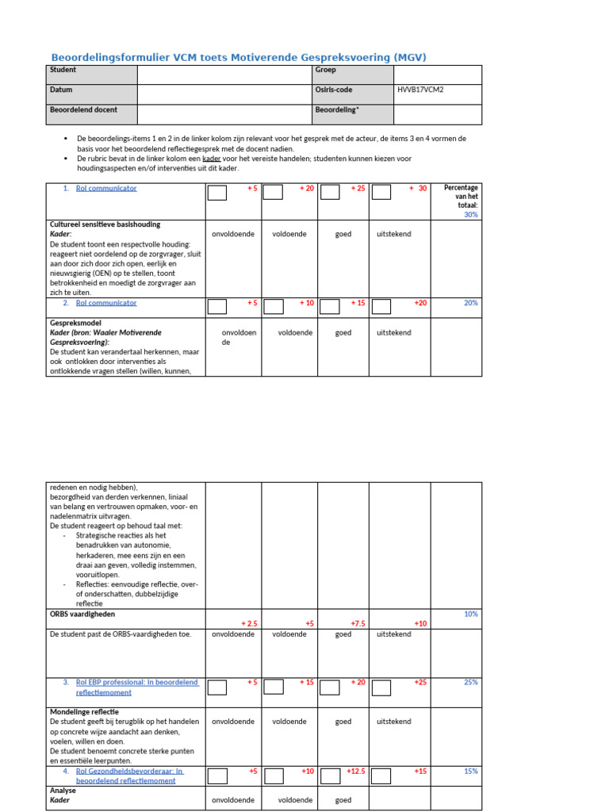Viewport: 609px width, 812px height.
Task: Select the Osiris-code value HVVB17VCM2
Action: point(420,90)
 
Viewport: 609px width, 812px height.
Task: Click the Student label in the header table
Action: point(63,71)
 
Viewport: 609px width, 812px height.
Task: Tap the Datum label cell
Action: point(61,90)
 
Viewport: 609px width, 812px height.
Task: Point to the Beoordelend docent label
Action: point(83,109)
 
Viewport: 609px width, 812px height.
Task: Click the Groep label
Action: point(325,71)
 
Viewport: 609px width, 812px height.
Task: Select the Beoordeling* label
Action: point(337,109)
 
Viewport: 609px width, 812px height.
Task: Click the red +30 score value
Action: point(418,189)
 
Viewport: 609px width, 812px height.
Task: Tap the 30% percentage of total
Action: point(470,214)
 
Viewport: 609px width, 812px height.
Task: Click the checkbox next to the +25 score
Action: point(330,193)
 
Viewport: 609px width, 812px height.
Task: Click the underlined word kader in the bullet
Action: point(211,159)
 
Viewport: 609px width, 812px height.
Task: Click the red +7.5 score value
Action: point(357,623)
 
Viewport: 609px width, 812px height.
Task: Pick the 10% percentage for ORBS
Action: point(470,614)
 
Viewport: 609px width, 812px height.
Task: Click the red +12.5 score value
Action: point(356,770)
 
